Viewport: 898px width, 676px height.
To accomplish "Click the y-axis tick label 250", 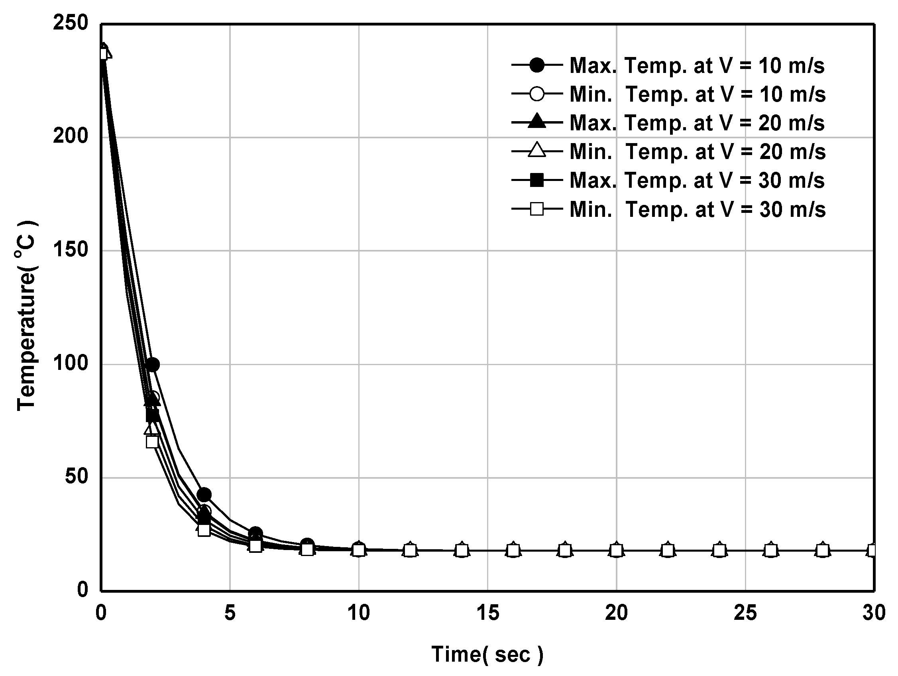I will click(x=70, y=23).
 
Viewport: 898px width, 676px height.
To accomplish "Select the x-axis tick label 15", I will click(x=487, y=613).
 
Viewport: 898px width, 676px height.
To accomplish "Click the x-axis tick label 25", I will click(x=745, y=613).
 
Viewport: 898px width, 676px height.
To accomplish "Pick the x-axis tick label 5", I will click(x=230, y=613).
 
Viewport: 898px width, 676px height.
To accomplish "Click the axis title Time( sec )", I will click(x=487, y=654).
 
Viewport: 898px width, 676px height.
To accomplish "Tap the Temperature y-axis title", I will click(x=27, y=315).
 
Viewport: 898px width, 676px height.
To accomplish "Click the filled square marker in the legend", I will click(x=537, y=180).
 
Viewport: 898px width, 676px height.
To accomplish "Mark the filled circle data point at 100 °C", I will click(x=152, y=365).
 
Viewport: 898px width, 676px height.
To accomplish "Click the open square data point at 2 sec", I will click(x=152, y=441).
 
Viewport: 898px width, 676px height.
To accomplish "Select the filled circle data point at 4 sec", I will click(x=204, y=495).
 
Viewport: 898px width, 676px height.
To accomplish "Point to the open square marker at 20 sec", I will click(x=616, y=550).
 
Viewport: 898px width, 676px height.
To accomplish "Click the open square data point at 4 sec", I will click(x=204, y=530).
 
